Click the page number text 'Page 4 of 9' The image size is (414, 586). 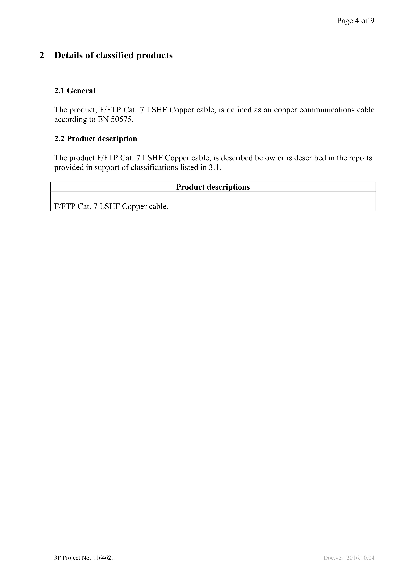click(355, 21)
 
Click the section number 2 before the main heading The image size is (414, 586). click(42, 55)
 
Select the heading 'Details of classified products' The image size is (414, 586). click(113, 55)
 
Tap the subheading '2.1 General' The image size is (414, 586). click(75, 91)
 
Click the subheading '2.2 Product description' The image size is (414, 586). click(96, 139)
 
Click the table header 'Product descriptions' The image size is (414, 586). click(213, 187)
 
